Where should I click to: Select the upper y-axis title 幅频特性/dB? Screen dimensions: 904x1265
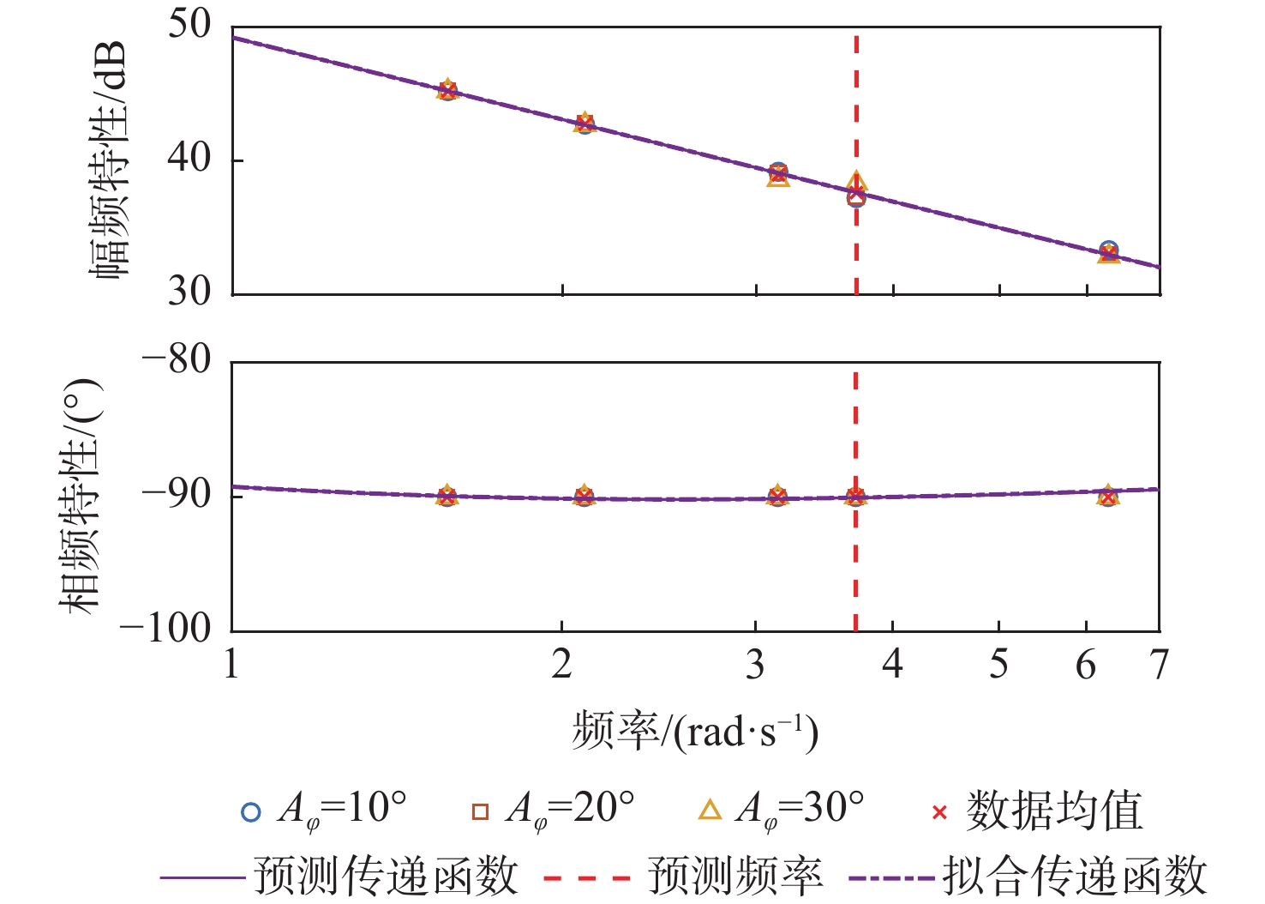[x=110, y=160]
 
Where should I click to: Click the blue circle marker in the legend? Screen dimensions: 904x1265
[x=250, y=811]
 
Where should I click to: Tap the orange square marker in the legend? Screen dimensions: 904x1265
[x=480, y=811]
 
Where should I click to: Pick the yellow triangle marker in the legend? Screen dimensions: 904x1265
[x=710, y=811]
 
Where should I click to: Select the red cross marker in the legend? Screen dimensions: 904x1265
[x=939, y=811]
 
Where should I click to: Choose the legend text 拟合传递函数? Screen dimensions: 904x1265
[x=1075, y=877]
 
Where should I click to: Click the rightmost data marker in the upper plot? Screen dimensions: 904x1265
[x=1108, y=252]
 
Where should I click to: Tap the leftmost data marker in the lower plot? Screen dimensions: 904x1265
[x=447, y=496]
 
